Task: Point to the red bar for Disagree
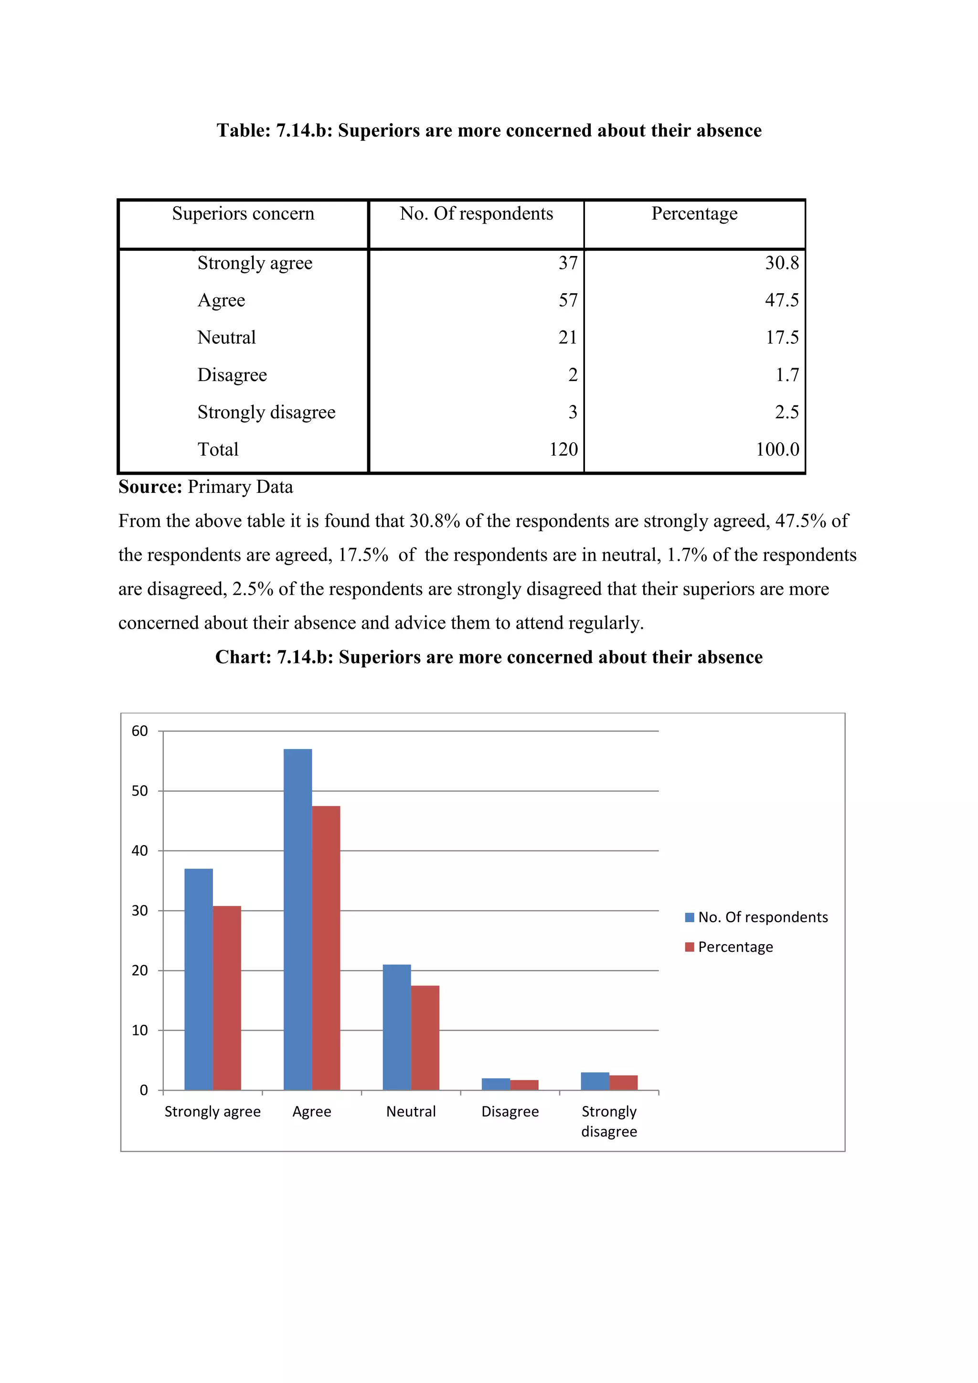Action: coord(524,1085)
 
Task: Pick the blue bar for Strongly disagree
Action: coord(595,1081)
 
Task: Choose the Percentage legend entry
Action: coord(735,947)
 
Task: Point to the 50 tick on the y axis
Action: coord(140,791)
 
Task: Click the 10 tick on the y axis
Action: coord(140,1031)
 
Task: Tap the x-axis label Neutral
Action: coord(411,1111)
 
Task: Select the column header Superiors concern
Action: coord(243,214)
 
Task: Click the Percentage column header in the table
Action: coord(694,214)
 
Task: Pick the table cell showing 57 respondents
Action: coord(568,300)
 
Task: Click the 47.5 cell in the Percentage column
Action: coord(782,300)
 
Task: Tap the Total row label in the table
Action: coord(218,449)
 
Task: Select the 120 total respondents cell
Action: coord(563,449)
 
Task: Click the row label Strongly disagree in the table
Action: coord(266,412)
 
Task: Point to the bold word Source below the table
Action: coord(150,487)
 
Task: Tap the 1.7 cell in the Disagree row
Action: coord(787,375)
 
